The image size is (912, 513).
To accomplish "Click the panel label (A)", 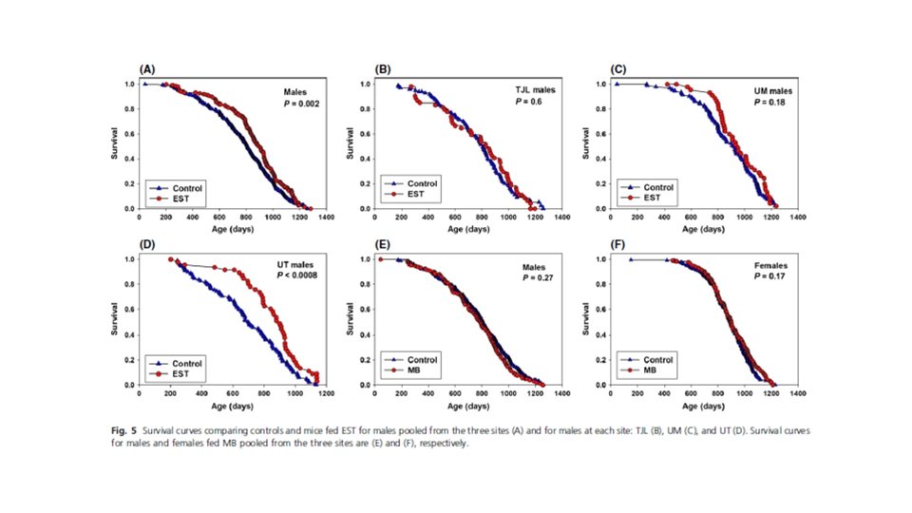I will pos(147,70).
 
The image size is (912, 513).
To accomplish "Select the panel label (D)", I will pos(147,245).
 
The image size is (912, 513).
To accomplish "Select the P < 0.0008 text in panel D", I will pos(297,275).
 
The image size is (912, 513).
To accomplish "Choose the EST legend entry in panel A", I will pos(180,199).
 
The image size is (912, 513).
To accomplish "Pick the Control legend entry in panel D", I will pos(187,362).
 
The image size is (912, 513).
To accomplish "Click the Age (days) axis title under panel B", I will pos(469,229).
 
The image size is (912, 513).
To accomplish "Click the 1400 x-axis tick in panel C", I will pos(798,218).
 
